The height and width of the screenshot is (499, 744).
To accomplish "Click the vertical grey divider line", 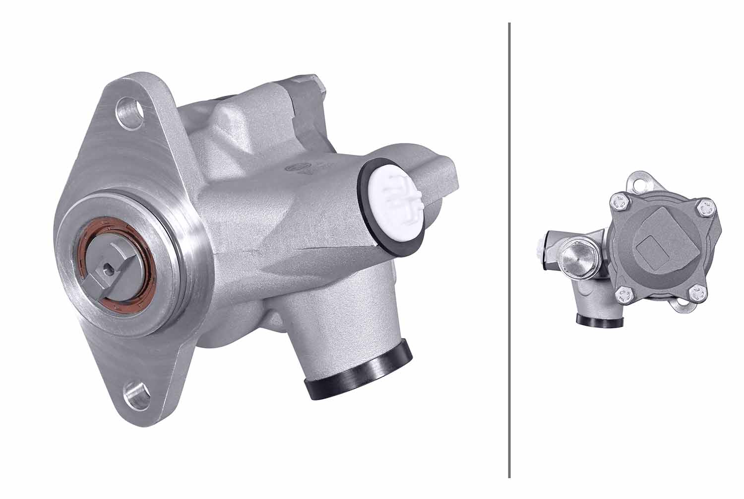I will (509, 248).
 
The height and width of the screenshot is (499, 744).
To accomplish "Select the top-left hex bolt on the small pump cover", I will (618, 202).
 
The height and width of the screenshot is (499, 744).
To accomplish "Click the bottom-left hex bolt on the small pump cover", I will (623, 296).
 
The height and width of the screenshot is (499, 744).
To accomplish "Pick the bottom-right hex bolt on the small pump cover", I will (697, 294).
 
